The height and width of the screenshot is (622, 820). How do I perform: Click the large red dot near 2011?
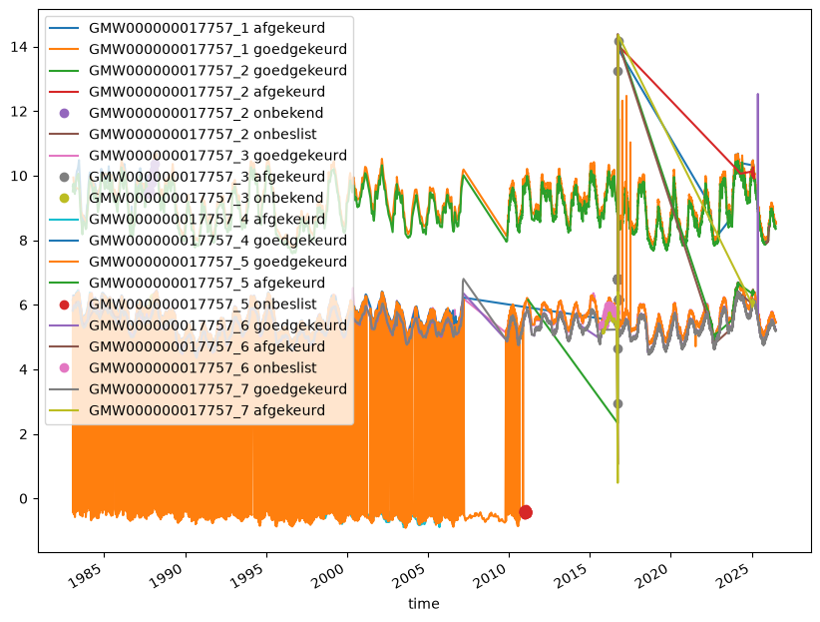tap(526, 512)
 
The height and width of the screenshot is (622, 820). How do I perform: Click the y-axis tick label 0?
tap(23, 499)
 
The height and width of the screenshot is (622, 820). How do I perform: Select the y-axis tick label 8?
tap(23, 241)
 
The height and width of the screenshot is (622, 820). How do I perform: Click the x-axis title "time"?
tap(424, 604)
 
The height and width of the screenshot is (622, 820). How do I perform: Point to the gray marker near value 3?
tap(617, 403)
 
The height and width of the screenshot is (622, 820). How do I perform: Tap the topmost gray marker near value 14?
tap(617, 41)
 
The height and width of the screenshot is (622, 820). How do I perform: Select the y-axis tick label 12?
tap(19, 112)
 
